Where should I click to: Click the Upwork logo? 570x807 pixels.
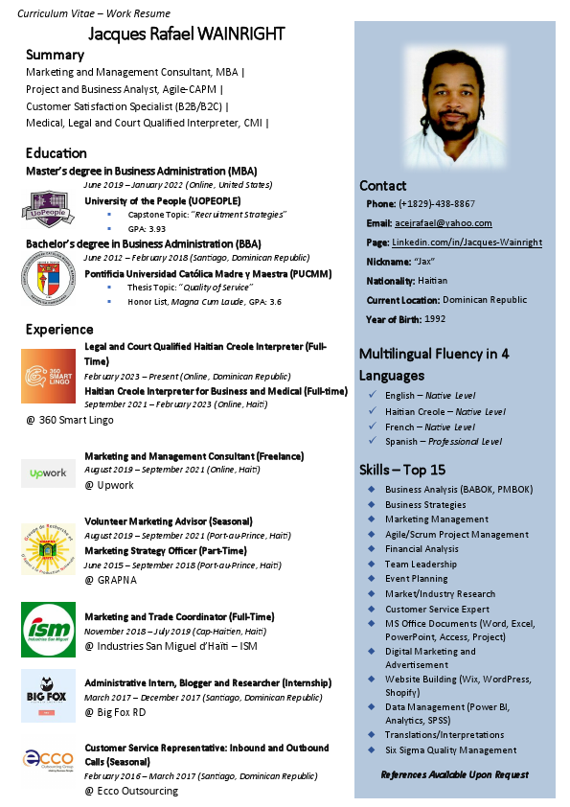pyautogui.click(x=48, y=473)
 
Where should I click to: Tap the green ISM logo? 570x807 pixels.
pyautogui.click(x=48, y=629)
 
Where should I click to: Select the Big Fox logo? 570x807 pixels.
pyautogui.click(x=48, y=696)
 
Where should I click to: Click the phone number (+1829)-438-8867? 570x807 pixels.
pyautogui.click(x=438, y=204)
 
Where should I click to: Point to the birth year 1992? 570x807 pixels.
pyautogui.click(x=434, y=318)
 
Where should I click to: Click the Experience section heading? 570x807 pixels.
pyautogui.click(x=59, y=330)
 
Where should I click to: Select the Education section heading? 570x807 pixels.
pyautogui.click(x=57, y=153)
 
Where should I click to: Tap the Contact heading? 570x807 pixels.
pyautogui.click(x=383, y=186)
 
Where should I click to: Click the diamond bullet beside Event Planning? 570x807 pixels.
pyautogui.click(x=371, y=579)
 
